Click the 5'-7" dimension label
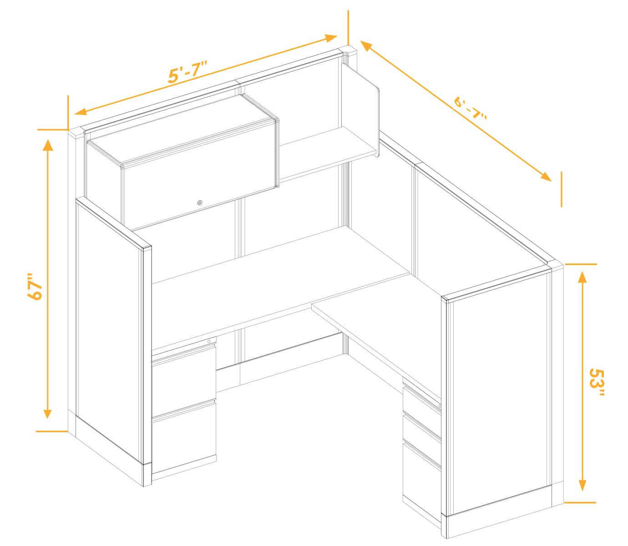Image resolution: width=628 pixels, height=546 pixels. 187,71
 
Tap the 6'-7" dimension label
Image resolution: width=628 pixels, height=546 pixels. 470,108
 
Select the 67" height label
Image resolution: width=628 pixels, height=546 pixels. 35,286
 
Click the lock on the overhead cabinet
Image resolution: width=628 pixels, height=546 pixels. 199,202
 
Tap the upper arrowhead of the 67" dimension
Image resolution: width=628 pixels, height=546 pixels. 48,145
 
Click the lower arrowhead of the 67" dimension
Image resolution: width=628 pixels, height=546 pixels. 47,412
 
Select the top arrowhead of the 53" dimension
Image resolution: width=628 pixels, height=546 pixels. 582,277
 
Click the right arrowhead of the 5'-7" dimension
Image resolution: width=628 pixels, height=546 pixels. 331,38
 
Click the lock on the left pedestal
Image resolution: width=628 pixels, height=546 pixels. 209,341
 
